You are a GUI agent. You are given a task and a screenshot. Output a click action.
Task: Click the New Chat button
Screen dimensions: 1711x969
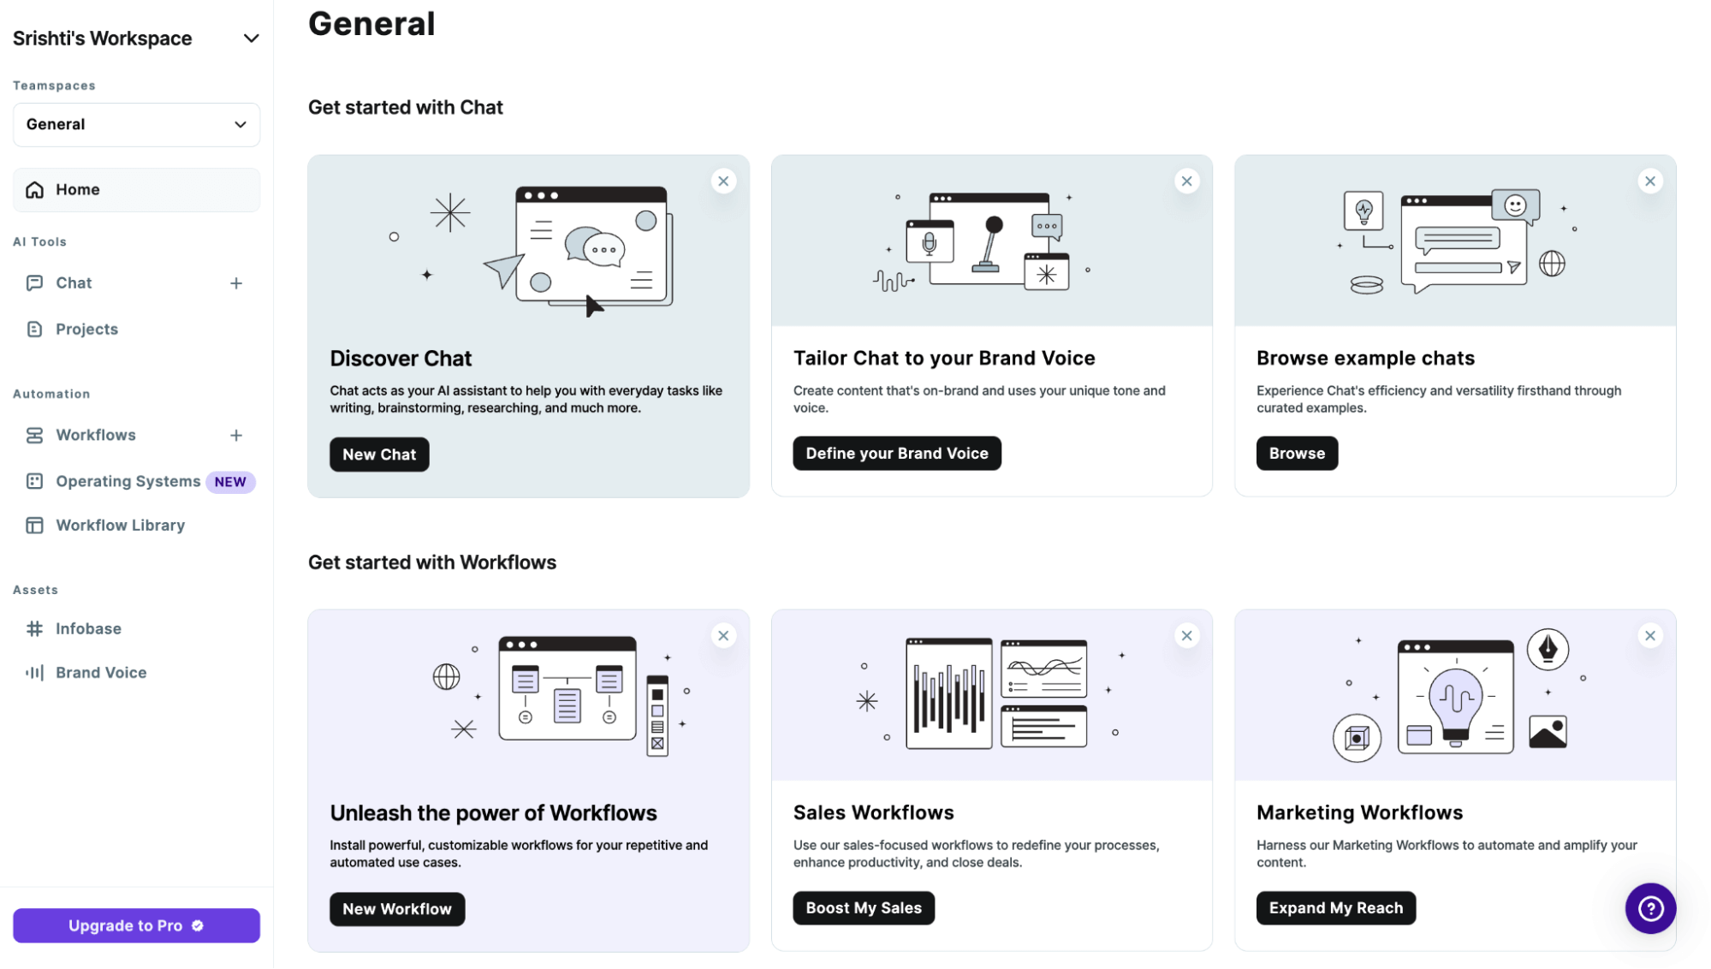[x=379, y=455]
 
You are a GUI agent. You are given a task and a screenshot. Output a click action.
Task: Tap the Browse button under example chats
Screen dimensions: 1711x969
[x=1297, y=454]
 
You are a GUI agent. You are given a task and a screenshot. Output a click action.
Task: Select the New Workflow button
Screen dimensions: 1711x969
[x=397, y=909]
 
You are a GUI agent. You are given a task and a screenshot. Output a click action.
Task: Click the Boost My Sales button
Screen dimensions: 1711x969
[x=864, y=908]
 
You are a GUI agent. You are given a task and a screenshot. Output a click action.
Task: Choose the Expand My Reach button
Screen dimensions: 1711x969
[x=1336, y=908]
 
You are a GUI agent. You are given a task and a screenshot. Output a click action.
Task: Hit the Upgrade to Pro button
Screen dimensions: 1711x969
[x=136, y=925]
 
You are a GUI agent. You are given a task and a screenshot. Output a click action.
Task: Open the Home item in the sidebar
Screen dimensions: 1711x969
[x=136, y=190]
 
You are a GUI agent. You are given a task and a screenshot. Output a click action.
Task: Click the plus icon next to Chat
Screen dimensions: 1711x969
[x=236, y=283]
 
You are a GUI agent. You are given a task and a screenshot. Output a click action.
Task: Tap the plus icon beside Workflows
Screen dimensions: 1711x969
[x=236, y=436]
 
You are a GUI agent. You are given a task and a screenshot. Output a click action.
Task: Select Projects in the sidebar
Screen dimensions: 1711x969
[x=86, y=330]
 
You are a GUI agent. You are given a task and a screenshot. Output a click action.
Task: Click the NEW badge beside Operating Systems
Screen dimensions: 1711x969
[x=230, y=482]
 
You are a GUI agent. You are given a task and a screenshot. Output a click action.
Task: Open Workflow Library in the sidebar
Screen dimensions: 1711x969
[x=120, y=526]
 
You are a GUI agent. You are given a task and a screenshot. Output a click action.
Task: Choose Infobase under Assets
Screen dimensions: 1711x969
[x=88, y=629]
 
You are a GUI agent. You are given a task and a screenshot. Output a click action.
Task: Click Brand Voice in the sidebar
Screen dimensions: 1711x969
[x=101, y=673]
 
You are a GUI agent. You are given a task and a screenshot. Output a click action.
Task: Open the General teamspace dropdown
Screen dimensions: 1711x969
[x=136, y=125]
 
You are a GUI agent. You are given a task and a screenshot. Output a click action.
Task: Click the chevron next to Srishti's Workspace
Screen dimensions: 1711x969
[x=251, y=39]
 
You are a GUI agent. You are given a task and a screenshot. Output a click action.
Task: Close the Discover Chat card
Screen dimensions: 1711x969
[x=723, y=181]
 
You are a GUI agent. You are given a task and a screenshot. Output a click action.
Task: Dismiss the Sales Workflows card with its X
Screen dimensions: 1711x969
[x=1186, y=636]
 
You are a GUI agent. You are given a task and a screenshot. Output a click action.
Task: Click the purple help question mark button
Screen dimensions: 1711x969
[x=1650, y=908]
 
